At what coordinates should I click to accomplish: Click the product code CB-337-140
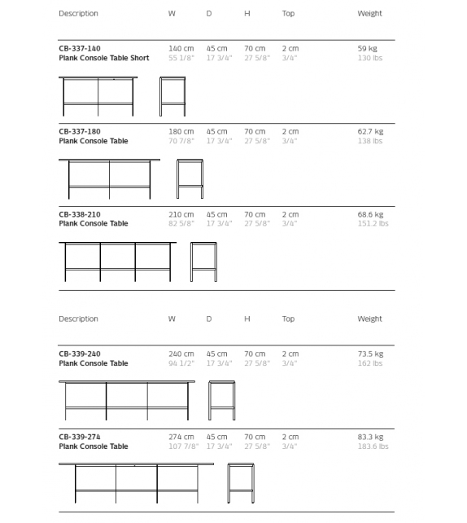tap(80, 49)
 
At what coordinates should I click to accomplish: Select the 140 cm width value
tap(181, 49)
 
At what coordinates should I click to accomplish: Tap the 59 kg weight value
tap(368, 49)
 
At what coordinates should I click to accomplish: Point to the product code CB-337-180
tap(80, 131)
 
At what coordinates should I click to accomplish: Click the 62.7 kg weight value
tap(370, 131)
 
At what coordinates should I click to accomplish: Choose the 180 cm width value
tap(181, 131)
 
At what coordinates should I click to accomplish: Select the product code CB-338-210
tap(80, 214)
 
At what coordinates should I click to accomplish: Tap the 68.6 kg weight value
tap(370, 214)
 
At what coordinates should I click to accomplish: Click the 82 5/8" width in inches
tap(181, 223)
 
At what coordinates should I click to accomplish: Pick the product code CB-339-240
tap(80, 354)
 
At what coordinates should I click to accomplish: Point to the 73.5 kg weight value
tap(370, 354)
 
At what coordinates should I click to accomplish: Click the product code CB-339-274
tap(80, 437)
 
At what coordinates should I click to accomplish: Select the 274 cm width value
tap(181, 437)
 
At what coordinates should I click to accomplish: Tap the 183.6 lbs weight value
tap(373, 446)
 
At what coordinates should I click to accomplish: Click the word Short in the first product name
tap(140, 59)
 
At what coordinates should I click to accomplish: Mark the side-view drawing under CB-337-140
tap(172, 96)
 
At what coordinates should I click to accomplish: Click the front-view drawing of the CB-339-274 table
tap(136, 484)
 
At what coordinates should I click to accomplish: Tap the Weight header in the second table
tap(369, 319)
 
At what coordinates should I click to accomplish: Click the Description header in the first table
tap(78, 14)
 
